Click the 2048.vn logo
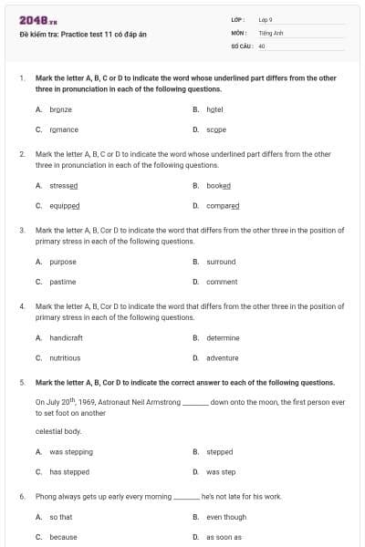(x=33, y=19)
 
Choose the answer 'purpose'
(x=63, y=262)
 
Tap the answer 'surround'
(x=221, y=262)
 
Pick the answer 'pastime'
(x=62, y=282)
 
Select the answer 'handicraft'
(x=67, y=337)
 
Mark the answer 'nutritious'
(x=66, y=358)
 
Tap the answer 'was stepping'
(x=71, y=451)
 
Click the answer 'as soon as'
(x=224, y=537)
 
